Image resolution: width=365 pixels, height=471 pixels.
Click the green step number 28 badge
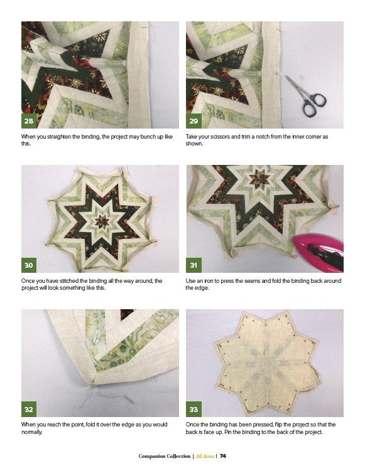(29, 121)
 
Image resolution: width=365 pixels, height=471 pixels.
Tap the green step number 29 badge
(193, 121)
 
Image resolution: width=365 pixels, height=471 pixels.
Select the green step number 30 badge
(29, 265)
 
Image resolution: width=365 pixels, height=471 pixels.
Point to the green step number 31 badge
(193, 265)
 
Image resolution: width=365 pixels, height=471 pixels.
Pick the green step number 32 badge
(29, 409)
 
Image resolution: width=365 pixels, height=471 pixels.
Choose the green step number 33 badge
(193, 409)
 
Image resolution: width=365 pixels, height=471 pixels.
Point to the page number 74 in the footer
(222, 456)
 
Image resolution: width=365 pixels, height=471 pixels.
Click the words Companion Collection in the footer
(165, 456)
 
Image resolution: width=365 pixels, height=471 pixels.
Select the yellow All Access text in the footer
(205, 456)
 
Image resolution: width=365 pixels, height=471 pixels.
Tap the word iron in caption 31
(209, 281)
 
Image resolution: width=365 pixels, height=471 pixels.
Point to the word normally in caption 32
(31, 432)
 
